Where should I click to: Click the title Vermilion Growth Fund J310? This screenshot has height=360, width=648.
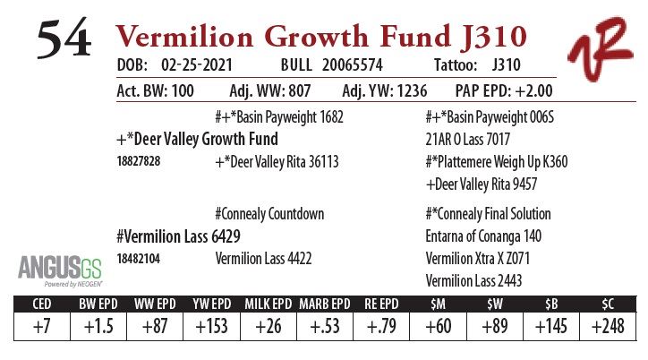tap(321, 37)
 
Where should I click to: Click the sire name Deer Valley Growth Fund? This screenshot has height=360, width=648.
tap(198, 139)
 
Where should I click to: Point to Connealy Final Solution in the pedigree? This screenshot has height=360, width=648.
tap(491, 215)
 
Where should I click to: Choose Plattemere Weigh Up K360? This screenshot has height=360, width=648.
tap(497, 162)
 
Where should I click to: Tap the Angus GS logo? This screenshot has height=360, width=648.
tap(53, 269)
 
